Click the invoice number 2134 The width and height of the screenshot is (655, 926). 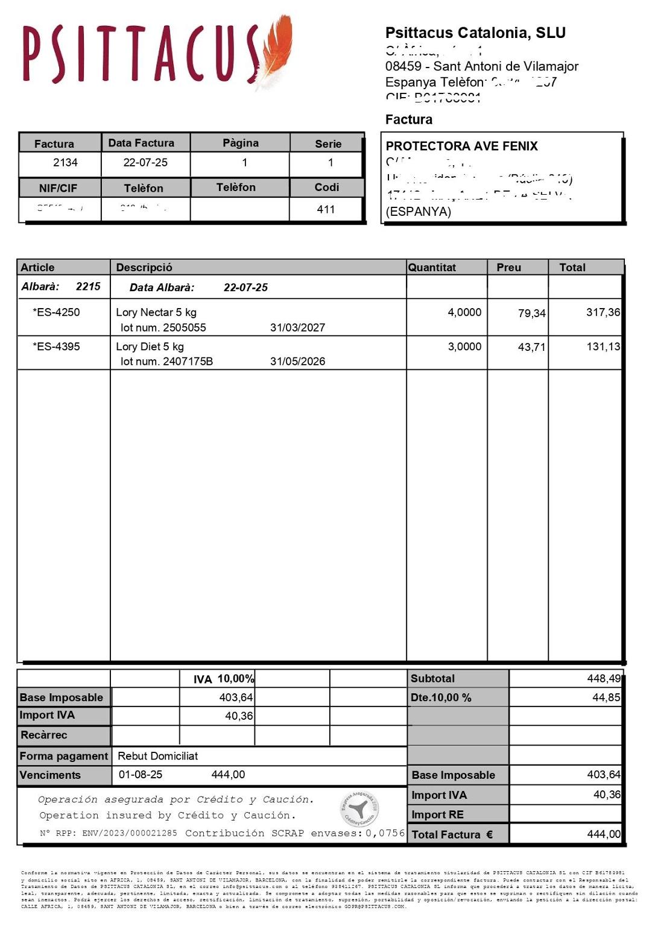click(x=65, y=162)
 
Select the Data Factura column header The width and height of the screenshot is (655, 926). click(x=141, y=143)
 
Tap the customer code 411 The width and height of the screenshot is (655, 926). click(x=326, y=209)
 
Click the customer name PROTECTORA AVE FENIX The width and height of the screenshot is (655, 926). click(x=461, y=146)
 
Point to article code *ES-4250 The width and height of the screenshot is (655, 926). click(x=56, y=312)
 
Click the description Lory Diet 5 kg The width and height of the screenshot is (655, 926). click(x=150, y=347)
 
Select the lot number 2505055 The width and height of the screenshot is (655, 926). click(x=184, y=327)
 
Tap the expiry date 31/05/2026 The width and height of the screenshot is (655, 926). click(x=297, y=361)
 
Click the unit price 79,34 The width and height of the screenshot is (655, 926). click(x=531, y=313)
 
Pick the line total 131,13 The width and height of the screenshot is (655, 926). click(x=603, y=347)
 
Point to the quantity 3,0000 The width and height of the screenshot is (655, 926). click(x=464, y=347)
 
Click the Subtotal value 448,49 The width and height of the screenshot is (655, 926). click(x=604, y=678)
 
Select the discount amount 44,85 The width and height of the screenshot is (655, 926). click(x=606, y=698)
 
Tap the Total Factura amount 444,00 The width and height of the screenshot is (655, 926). click(x=604, y=834)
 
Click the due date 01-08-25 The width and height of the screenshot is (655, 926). click(x=141, y=775)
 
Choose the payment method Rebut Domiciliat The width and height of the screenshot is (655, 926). click(x=157, y=756)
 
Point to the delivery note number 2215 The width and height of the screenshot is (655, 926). click(x=88, y=286)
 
